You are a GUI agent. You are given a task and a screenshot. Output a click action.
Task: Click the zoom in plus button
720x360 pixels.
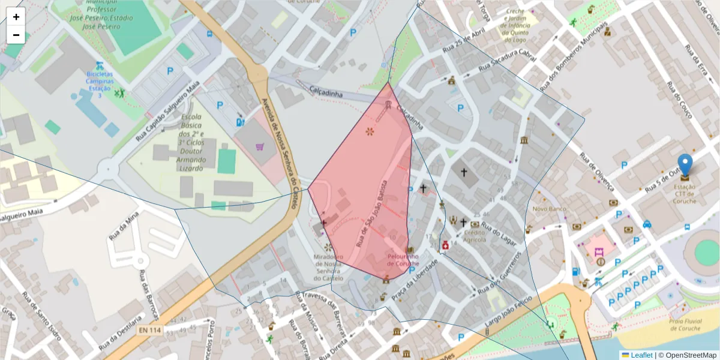[16, 17]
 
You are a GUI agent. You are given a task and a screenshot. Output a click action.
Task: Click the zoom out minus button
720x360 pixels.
[16, 35]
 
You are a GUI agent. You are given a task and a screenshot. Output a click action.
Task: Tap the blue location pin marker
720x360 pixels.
[685, 165]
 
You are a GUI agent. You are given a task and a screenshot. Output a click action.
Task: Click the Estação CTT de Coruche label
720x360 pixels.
[685, 193]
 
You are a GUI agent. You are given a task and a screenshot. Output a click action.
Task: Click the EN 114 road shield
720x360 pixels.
[149, 330]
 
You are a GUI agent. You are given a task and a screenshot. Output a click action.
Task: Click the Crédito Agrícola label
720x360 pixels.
[474, 236]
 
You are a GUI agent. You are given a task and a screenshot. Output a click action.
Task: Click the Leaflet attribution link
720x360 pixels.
[641, 355]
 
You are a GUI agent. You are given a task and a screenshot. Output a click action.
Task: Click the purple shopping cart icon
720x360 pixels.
[260, 146]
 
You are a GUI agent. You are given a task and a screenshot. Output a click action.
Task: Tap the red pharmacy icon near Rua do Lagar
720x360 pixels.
[446, 245]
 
